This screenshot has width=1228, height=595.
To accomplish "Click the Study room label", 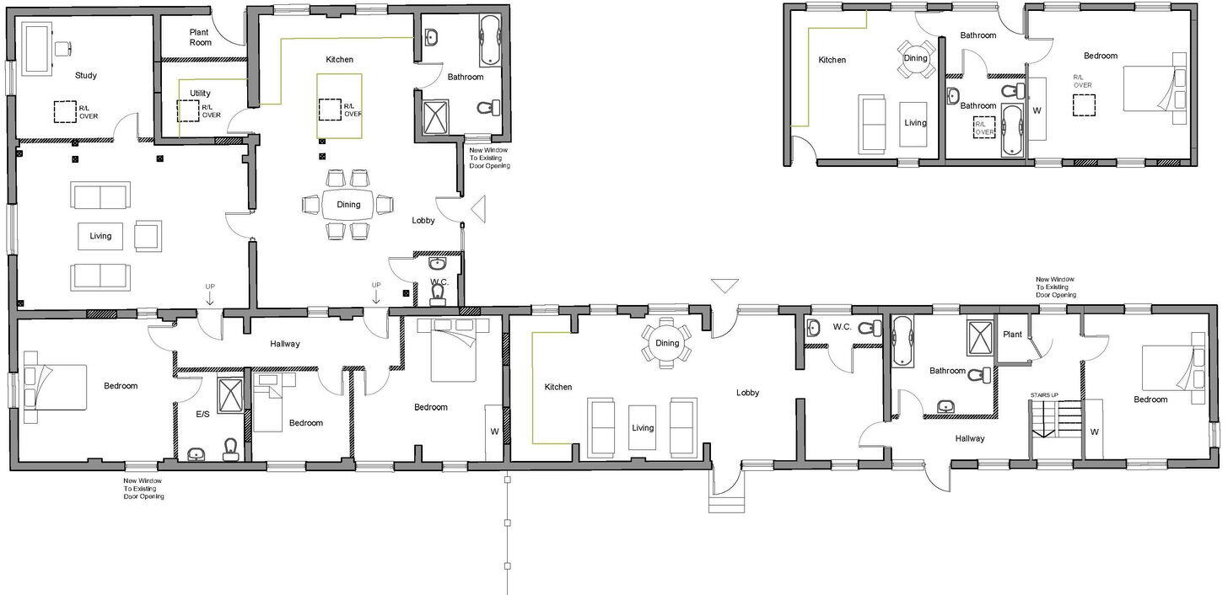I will pos(85,75).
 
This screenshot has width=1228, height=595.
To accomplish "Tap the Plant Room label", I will pos(200,37).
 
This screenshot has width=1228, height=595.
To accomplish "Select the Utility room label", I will pos(200,94).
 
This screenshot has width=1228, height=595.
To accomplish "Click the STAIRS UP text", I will pos(1043,394).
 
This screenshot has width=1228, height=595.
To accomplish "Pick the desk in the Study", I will pos(38,48).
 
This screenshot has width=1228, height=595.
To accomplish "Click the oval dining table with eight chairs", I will pos(348,204).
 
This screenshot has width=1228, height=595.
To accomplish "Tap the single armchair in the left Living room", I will pos(148,235).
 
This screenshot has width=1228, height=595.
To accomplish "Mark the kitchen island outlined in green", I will pos(339,106).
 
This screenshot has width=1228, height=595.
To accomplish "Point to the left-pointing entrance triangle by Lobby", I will pos(477,208).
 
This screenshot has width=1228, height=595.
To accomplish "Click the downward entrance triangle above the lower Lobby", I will pos(724,286).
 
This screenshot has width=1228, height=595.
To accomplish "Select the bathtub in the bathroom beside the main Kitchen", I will pos(490,40).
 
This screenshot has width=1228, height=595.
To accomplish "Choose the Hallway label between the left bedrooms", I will pos(285,344).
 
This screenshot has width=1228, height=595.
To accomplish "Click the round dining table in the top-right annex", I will pos(915,59).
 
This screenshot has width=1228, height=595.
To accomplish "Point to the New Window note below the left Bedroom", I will pos(144,488).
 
